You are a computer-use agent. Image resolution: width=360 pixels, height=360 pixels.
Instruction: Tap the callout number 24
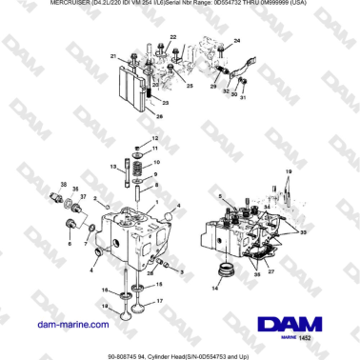pyautogui.click(x=236, y=41)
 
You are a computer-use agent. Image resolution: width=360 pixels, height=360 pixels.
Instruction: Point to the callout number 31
pyautogui.click(x=242, y=96)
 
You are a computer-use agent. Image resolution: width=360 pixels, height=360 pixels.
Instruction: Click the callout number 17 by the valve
pyautogui.click(x=160, y=301)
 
